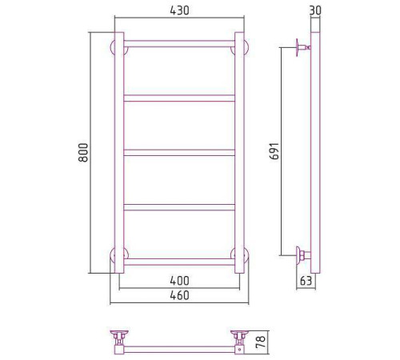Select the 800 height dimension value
[x=83, y=153]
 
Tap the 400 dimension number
[x=178, y=281]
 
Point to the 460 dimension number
[x=178, y=296]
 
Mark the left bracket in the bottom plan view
[x=120, y=338]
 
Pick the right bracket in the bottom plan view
[x=239, y=338]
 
